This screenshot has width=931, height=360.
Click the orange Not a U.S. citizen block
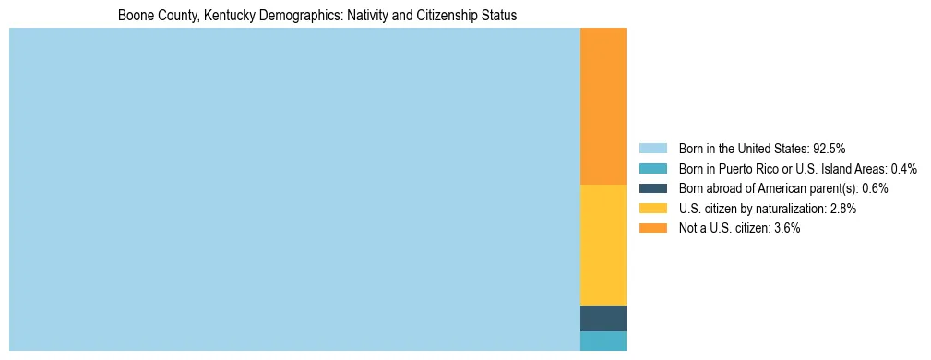[x=603, y=106]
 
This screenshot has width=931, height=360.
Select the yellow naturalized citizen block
[x=603, y=245]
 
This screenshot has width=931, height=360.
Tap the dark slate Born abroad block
[x=603, y=318]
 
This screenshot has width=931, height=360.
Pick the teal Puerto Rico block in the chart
[x=603, y=341]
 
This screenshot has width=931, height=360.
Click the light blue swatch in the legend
[x=652, y=149]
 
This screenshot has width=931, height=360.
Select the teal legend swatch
[x=652, y=169]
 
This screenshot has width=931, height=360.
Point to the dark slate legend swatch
[x=652, y=188]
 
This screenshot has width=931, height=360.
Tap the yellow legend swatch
[x=652, y=209]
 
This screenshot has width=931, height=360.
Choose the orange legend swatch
[x=652, y=228]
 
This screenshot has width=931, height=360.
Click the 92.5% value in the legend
[x=830, y=149]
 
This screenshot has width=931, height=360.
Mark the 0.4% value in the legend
[x=904, y=169]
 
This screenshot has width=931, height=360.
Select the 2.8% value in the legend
[x=842, y=209]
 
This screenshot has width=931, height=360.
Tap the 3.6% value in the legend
[x=785, y=228]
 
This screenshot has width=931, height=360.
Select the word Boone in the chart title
[x=135, y=16]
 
